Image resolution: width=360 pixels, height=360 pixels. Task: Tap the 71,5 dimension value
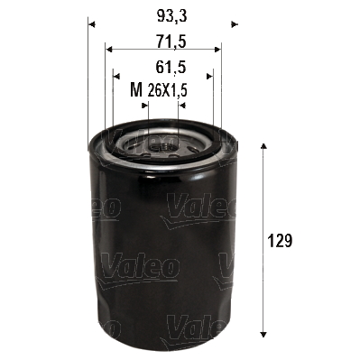pyautogui.click(x=162, y=42)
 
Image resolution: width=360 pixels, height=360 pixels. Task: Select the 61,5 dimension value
pyautogui.click(x=162, y=66)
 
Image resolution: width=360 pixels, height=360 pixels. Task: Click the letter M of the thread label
pyautogui.click(x=136, y=89)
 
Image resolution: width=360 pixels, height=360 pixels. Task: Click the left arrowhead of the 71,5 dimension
pyautogui.click(x=109, y=49)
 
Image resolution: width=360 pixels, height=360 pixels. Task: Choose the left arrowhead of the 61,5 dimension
pyautogui.click(x=117, y=77)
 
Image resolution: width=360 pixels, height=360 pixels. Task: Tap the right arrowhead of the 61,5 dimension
pyautogui.click(x=208, y=77)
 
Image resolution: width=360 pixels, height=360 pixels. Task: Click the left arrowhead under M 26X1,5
pyautogui.click(x=143, y=105)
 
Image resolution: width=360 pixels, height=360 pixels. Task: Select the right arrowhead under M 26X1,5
pyautogui.click(x=182, y=105)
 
